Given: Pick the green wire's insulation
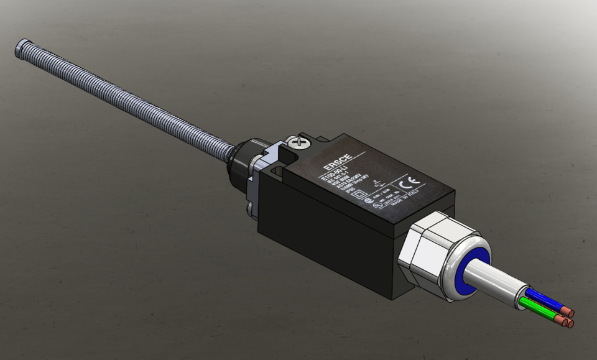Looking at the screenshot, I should click(535, 309).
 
